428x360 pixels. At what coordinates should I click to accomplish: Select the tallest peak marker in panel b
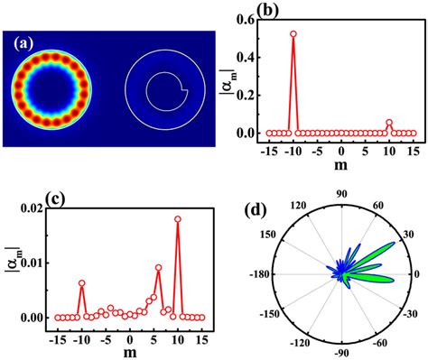click(293, 33)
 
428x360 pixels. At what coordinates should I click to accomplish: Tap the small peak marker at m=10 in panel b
click(389, 123)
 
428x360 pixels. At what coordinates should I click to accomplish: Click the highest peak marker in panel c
click(177, 218)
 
